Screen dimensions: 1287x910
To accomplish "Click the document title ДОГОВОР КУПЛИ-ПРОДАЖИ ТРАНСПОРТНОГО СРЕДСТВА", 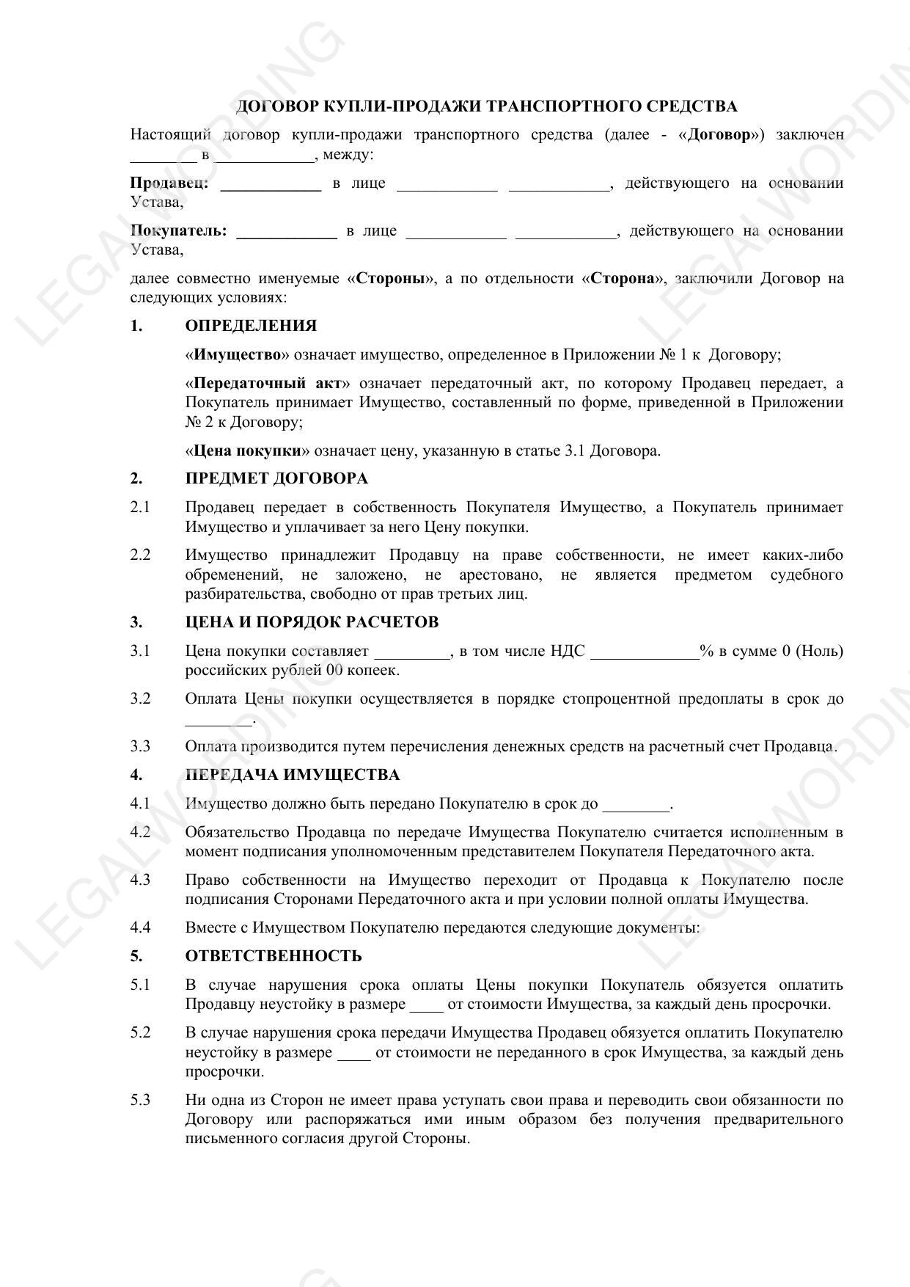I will click(486, 106).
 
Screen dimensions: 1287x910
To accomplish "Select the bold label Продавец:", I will click(169, 183).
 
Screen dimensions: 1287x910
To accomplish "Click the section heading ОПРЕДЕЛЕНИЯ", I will click(251, 326).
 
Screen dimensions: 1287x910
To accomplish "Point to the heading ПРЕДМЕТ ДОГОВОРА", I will click(276, 478).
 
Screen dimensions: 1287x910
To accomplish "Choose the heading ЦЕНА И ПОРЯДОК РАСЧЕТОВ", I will click(312, 622).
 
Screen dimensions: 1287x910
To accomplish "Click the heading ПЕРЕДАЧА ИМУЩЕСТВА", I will click(293, 775).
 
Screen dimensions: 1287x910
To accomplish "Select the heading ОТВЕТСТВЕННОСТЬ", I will click(274, 956).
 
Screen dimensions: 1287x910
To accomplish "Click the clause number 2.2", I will click(140, 555).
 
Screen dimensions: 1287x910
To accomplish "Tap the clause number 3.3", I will click(140, 746).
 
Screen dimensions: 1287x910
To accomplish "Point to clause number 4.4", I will click(140, 927).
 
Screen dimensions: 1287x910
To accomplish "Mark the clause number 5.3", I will click(140, 1100).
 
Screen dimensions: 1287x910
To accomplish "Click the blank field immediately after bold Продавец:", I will click(271, 186).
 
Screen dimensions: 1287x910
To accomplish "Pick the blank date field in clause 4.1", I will click(636, 806).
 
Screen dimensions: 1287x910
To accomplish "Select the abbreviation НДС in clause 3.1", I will click(568, 651).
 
